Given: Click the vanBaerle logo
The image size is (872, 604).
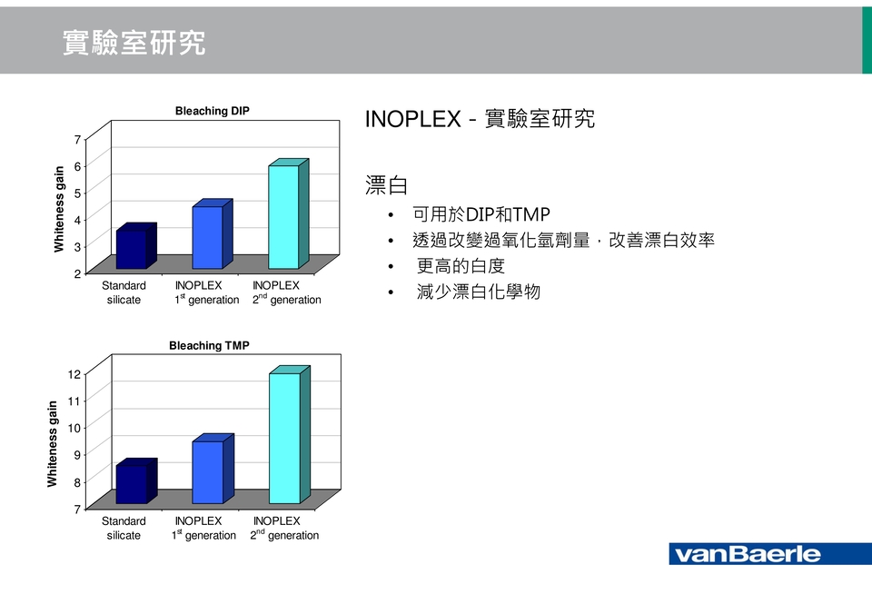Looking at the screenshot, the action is click(x=770, y=554).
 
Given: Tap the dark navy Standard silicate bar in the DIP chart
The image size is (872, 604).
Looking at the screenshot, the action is click(x=135, y=246).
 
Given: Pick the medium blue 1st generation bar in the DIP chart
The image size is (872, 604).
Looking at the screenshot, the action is click(x=212, y=234).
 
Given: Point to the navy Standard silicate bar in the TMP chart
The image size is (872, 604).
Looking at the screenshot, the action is click(x=136, y=481).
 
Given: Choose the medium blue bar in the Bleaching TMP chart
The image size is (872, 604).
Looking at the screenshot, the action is click(x=213, y=469).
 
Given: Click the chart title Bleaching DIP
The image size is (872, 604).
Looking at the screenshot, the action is click(x=213, y=111).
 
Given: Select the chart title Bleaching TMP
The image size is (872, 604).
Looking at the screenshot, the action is click(x=209, y=345).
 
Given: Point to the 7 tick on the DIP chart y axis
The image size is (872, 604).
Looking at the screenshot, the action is click(x=77, y=139).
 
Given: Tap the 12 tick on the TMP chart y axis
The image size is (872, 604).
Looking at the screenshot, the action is click(x=74, y=373).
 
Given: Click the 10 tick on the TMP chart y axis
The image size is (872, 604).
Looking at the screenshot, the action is click(x=74, y=428).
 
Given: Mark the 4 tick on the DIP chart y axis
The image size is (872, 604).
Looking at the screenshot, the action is click(x=77, y=220).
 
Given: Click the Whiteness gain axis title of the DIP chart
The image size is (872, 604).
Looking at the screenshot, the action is click(x=59, y=209).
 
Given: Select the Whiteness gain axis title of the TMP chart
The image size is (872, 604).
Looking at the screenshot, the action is click(x=53, y=444).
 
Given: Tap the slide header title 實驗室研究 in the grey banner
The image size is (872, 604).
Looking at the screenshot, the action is click(x=134, y=43).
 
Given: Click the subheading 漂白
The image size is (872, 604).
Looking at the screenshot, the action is click(x=387, y=185).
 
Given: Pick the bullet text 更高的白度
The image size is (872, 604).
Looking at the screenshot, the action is click(x=461, y=266).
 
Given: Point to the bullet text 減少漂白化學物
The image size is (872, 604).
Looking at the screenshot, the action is click(x=479, y=292).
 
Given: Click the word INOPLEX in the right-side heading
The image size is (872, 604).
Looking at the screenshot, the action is click(x=413, y=119).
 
